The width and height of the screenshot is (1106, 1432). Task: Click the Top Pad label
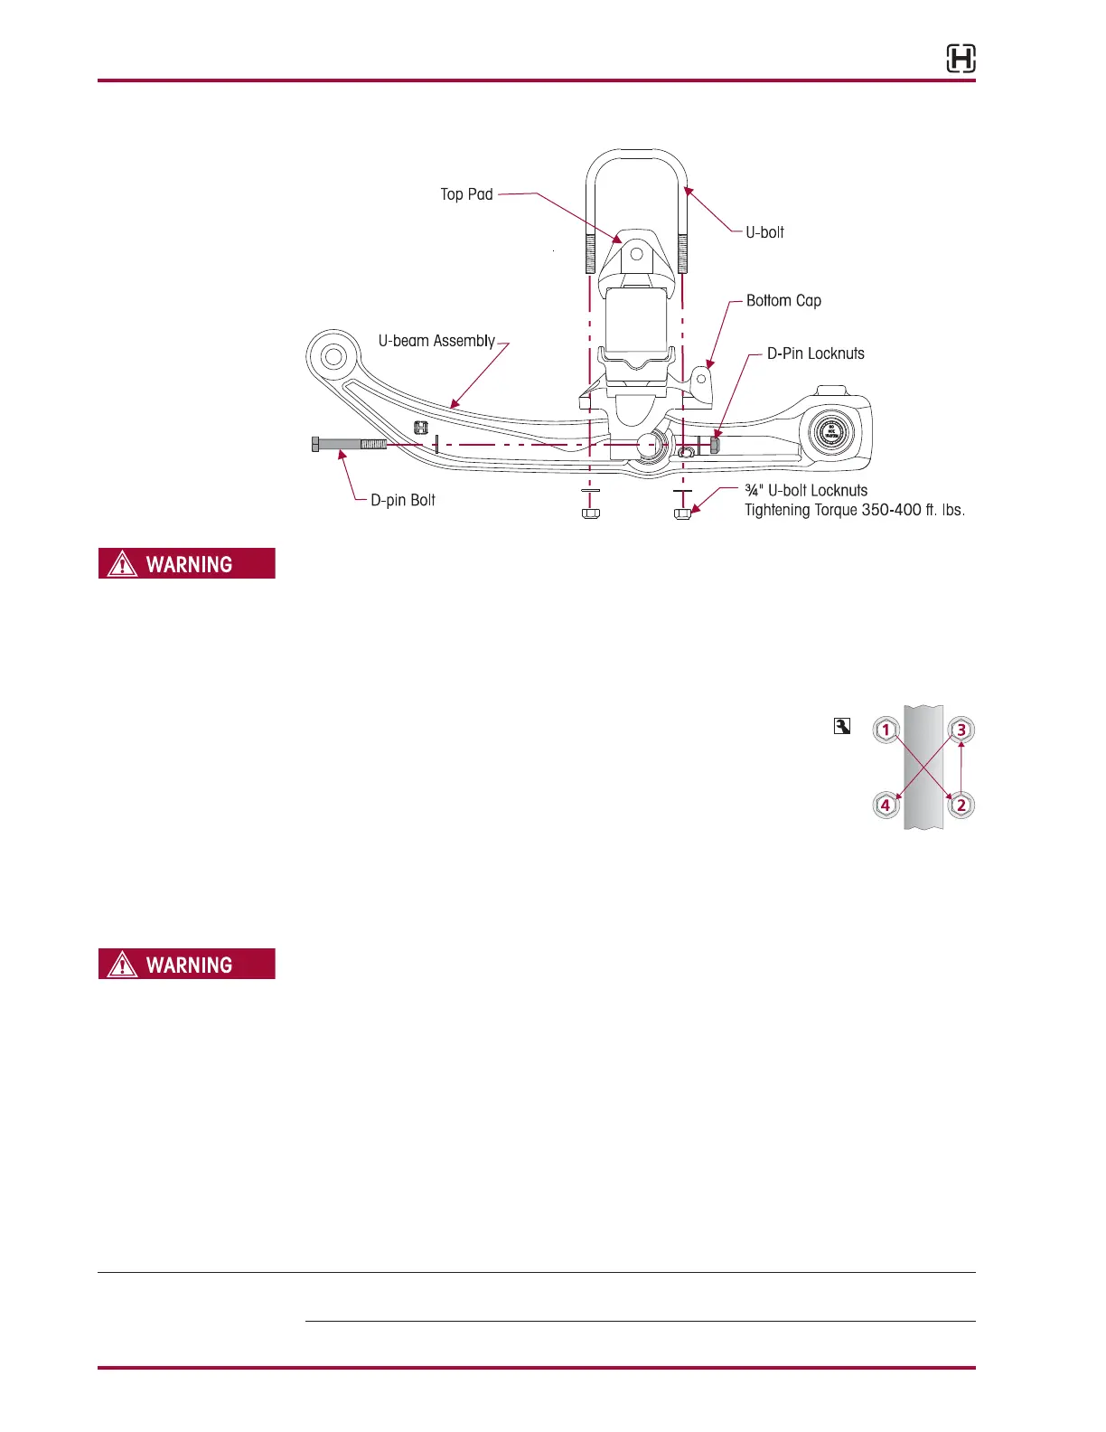click(x=466, y=194)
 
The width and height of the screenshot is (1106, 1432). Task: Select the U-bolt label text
click(x=764, y=232)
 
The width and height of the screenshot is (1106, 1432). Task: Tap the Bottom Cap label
click(x=783, y=301)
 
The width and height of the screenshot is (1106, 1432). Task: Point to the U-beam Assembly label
click(x=436, y=341)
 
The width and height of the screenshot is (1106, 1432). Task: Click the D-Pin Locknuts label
click(x=815, y=353)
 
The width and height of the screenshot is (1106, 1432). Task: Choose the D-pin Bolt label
click(x=403, y=500)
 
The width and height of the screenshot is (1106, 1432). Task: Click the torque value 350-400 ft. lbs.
click(x=913, y=511)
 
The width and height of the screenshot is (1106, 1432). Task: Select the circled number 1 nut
click(x=886, y=730)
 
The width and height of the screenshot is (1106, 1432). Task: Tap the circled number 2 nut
click(x=961, y=805)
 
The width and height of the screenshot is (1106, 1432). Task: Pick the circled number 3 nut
click(x=961, y=730)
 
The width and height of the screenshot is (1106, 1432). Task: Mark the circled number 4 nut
click(x=886, y=805)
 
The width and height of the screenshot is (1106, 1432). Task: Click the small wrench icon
click(x=842, y=726)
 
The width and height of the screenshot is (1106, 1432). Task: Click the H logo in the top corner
click(x=961, y=60)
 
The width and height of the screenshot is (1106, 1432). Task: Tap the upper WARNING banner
click(x=187, y=564)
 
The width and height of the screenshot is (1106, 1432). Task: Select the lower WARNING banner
click(x=187, y=965)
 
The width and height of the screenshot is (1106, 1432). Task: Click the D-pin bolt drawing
click(x=349, y=444)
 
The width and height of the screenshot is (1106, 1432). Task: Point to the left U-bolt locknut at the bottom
click(x=590, y=513)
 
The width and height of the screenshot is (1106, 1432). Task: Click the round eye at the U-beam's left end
click(x=333, y=356)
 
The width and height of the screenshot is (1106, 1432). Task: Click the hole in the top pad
click(x=636, y=254)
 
